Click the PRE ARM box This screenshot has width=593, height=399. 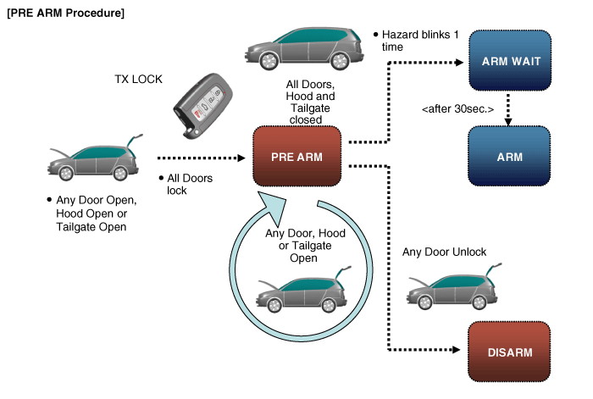tap(296, 157)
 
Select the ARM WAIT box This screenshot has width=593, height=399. tap(511, 61)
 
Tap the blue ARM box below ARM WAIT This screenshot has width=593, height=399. tap(511, 157)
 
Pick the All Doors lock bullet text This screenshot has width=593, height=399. tap(188, 184)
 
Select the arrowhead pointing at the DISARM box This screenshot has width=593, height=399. tap(462, 349)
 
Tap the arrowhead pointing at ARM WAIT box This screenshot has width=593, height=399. tap(462, 61)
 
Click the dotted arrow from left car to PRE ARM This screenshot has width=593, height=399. tap(203, 158)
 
